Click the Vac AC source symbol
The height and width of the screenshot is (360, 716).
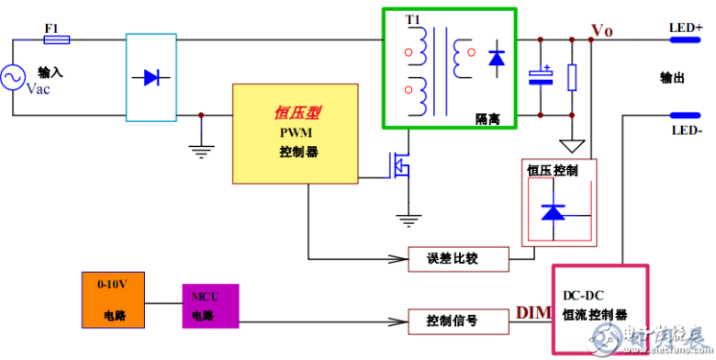(x=14, y=78)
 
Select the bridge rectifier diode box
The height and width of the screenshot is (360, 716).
(x=150, y=77)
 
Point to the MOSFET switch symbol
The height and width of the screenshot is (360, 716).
(x=398, y=165)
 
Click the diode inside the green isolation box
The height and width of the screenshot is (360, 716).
(x=497, y=59)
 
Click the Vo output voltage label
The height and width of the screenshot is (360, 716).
(x=602, y=30)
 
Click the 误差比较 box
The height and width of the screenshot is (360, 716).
(x=456, y=259)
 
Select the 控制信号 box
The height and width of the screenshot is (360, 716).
(x=456, y=321)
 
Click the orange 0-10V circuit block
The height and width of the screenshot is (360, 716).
(x=116, y=301)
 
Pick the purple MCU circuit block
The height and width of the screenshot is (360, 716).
(x=209, y=306)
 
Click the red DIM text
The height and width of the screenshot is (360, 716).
(x=532, y=313)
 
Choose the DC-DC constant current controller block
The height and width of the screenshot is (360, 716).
(x=599, y=304)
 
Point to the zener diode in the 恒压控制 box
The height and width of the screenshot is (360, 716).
(x=553, y=212)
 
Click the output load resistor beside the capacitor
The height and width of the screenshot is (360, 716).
(x=572, y=77)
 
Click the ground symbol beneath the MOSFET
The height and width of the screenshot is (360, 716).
(x=405, y=219)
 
